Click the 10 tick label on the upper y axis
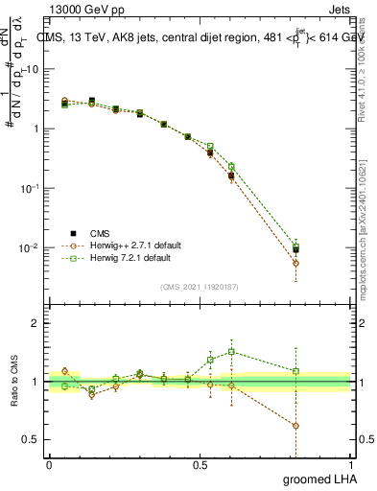(x=34, y=69)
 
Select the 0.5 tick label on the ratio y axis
(x=35, y=440)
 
